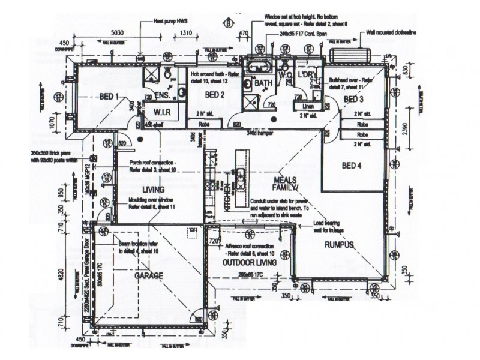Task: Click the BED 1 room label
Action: pos(108,97)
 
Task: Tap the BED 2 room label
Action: pos(214,95)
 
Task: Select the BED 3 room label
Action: pos(353,98)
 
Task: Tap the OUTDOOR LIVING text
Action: pos(249,263)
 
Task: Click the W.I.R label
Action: pos(163,112)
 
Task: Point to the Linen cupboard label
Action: pos(301,106)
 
